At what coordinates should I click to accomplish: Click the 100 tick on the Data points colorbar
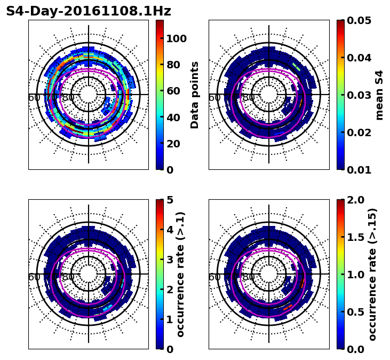176,38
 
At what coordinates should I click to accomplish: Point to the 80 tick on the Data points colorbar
173,65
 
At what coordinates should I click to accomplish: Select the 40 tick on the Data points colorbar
173,117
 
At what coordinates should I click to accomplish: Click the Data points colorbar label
195,95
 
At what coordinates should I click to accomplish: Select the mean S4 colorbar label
379,95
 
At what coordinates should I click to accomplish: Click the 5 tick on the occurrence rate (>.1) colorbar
170,200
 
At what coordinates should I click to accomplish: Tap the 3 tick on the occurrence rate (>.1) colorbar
170,260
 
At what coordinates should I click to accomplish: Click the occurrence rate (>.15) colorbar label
372,274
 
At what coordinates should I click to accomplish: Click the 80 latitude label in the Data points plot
68,98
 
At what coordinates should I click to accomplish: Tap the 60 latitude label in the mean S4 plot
214,98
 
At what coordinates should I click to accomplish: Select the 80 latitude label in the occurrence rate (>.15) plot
249,277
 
